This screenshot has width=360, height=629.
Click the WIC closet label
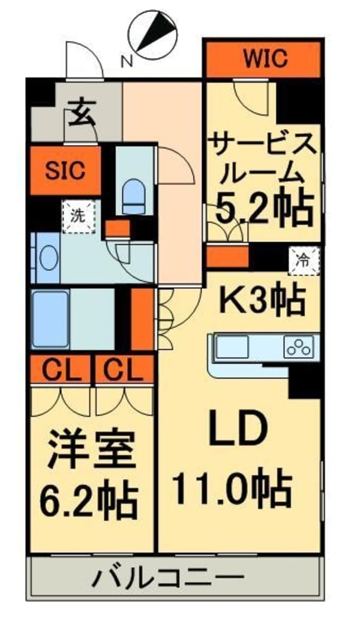tap(265, 59)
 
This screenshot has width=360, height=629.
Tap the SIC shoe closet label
tap(65, 170)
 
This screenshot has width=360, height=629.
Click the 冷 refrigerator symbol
tap(304, 260)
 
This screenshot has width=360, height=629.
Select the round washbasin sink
tap(48, 258)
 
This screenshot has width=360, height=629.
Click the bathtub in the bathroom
tap(50, 318)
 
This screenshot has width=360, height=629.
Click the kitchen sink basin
tap(232, 347)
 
